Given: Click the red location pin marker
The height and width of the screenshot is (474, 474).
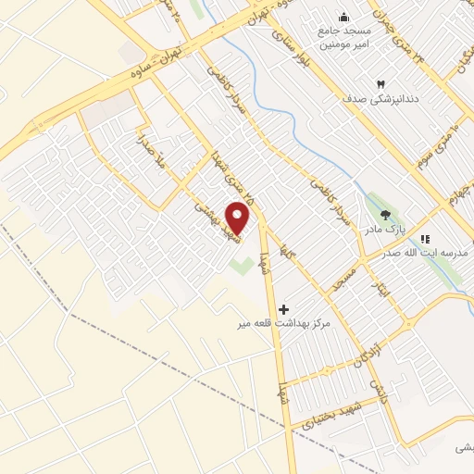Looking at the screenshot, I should pyautogui.click(x=239, y=218).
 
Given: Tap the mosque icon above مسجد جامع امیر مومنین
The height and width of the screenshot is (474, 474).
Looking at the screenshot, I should pyautogui.click(x=344, y=17).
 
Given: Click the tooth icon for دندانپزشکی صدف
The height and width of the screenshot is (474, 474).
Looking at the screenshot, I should pyautogui.click(x=380, y=82).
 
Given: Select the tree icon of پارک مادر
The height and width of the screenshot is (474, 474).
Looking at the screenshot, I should pyautogui.click(x=385, y=215).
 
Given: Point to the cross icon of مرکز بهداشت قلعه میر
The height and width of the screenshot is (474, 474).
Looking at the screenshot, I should pyautogui.click(x=284, y=309).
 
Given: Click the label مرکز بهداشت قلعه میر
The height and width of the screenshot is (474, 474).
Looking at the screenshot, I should pyautogui.click(x=283, y=324).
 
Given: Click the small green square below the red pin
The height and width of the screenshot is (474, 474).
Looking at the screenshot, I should pyautogui.click(x=240, y=267).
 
